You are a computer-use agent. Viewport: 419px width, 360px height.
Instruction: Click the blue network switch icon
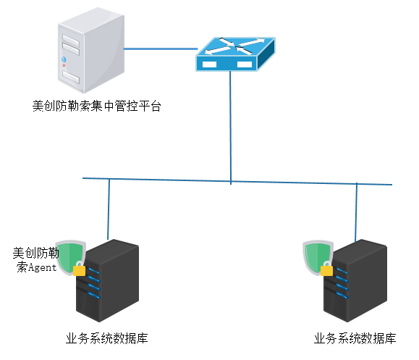(x=235, y=54)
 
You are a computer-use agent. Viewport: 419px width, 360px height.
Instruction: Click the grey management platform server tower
(x=91, y=50)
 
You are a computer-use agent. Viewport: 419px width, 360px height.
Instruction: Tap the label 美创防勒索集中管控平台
(x=96, y=106)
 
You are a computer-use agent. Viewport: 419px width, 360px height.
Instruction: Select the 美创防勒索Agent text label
(x=35, y=260)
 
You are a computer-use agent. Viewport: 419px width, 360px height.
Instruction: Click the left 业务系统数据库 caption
(x=107, y=338)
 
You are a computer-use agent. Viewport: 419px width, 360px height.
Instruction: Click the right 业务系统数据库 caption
(x=355, y=338)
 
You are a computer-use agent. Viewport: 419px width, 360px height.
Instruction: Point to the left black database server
(x=107, y=280)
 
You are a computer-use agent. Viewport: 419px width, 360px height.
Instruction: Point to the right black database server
(x=355, y=280)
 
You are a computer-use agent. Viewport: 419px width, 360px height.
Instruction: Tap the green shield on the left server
(x=70, y=256)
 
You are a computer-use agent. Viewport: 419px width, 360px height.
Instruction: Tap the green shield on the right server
(x=318, y=256)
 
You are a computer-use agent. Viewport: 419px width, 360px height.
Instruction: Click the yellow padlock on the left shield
(x=79, y=269)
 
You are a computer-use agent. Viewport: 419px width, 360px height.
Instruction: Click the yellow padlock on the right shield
(x=326, y=269)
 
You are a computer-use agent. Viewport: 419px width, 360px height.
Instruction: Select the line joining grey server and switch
(x=161, y=49)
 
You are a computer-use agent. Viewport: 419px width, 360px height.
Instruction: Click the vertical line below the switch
(x=230, y=127)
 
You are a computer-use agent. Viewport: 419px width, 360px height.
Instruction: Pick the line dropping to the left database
(x=109, y=209)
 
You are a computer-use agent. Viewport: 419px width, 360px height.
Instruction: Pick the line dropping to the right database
(x=356, y=213)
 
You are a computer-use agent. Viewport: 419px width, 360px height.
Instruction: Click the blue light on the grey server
(x=64, y=59)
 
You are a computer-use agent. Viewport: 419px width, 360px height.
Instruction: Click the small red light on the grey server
(x=64, y=65)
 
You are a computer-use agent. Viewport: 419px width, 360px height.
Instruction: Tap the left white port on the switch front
(x=209, y=64)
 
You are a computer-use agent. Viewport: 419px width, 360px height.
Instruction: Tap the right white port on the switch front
(x=245, y=64)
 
